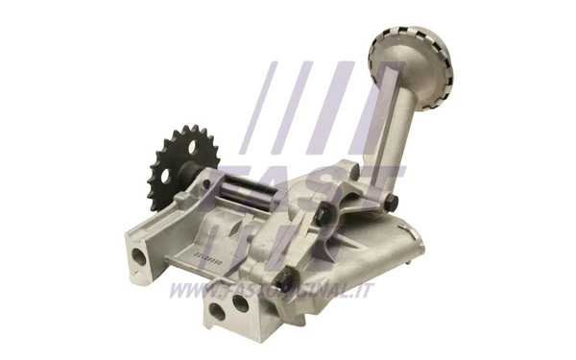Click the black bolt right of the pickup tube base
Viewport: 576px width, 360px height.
click(391, 202)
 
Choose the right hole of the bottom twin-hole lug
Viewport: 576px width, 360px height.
click(240, 303)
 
